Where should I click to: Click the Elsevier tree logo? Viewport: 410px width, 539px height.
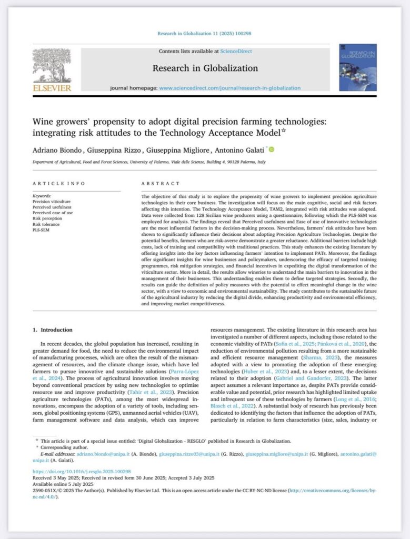52,65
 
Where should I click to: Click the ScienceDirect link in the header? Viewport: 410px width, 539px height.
236,51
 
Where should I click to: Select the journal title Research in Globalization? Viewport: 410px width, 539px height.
205,68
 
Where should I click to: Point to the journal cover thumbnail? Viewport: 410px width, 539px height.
357,67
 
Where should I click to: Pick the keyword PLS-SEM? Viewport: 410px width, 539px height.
41,230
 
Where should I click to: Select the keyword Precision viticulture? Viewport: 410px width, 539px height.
51,201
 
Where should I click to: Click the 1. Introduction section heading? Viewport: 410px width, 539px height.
52,330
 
